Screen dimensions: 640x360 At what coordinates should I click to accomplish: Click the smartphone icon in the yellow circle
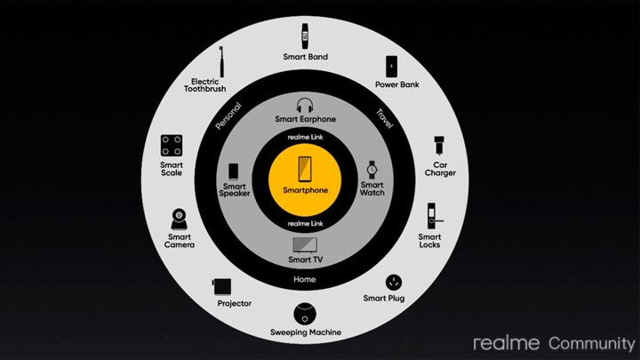coord(305,169)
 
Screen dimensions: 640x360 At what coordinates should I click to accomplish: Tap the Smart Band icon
coord(305,36)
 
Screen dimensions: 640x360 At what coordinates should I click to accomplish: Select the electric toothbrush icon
coord(221,61)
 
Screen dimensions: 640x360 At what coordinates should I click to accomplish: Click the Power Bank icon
coord(391,67)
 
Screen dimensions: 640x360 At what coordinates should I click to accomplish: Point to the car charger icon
coord(439,145)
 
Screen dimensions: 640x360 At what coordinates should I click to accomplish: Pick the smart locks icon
coord(433,216)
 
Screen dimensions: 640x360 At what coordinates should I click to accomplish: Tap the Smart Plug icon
coord(394,283)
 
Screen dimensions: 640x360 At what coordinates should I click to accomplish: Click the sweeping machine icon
coord(305,315)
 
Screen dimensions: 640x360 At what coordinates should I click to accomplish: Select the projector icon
coord(221,286)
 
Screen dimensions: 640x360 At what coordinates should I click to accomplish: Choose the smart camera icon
coord(180,220)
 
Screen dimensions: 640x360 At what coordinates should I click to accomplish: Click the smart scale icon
coord(172,145)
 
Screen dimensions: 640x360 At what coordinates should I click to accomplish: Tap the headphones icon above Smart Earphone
coord(305,105)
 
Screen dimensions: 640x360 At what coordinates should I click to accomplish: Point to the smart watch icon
coord(372,170)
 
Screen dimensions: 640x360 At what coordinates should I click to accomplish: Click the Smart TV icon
coord(305,245)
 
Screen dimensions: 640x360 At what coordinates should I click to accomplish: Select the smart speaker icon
coord(234,172)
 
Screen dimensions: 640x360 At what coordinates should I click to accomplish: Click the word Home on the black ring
coord(305,279)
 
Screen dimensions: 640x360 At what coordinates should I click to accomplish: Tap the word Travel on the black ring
coord(385,119)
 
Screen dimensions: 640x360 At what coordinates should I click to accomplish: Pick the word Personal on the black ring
coord(228,116)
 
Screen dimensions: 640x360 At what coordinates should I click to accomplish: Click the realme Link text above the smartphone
coord(305,137)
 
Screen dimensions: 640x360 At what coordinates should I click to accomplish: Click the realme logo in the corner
coord(506,343)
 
